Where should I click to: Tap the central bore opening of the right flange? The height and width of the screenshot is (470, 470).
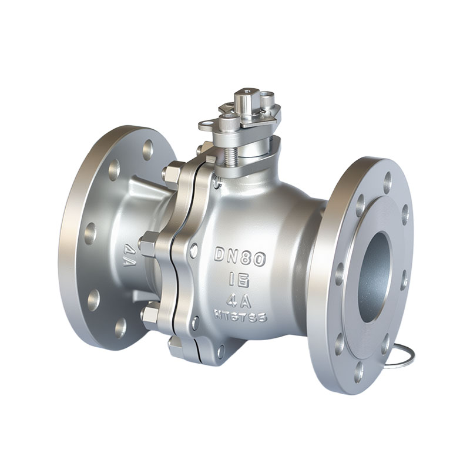tap(374, 276)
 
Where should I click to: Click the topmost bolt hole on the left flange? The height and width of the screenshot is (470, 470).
tap(148, 149)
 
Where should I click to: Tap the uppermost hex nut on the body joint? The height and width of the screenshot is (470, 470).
tap(172, 174)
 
